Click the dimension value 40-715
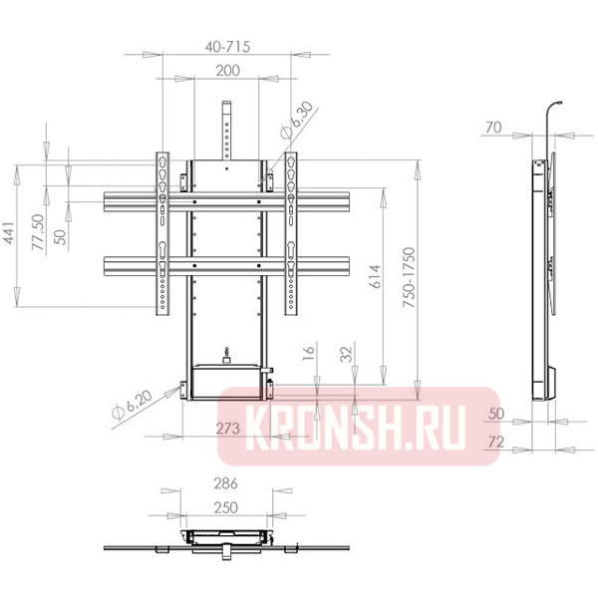pyautogui.click(x=228, y=45)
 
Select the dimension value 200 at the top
pyautogui.click(x=228, y=72)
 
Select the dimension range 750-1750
pyautogui.click(x=408, y=274)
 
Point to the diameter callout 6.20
pyautogui.click(x=133, y=407)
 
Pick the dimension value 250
pyautogui.click(x=227, y=508)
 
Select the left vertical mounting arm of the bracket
pyautogui.click(x=161, y=234)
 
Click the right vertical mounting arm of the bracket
pyautogui.click(x=291, y=234)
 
